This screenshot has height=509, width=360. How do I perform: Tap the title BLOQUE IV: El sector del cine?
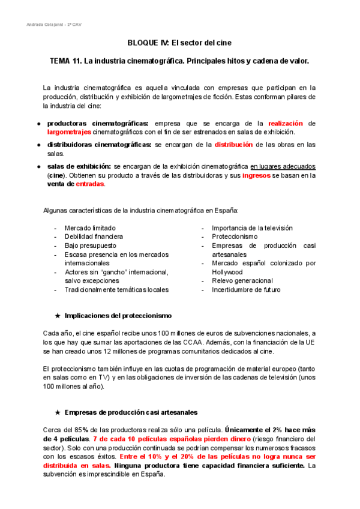179,43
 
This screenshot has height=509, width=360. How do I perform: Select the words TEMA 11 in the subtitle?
65,61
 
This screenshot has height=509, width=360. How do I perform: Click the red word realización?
286,123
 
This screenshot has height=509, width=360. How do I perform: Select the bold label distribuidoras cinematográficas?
99,145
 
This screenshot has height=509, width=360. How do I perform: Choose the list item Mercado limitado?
90,228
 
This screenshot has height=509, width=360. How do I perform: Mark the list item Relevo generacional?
242,280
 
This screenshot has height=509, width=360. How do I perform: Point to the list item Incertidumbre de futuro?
246,289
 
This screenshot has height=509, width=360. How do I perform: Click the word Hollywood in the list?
227,272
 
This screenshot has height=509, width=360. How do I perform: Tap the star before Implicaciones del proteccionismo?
57,316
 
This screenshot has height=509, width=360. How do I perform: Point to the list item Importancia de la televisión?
244,228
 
